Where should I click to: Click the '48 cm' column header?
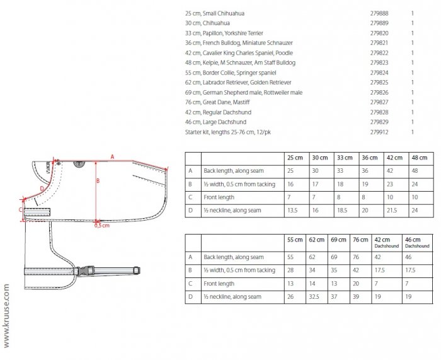pos(418,157)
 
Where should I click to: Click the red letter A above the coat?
pos(112,155)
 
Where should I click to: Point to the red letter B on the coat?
pos(98,180)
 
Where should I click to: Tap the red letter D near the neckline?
pos(42,187)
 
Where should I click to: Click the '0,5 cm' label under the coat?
pos(101,225)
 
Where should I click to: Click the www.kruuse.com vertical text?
pos(6,315)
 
